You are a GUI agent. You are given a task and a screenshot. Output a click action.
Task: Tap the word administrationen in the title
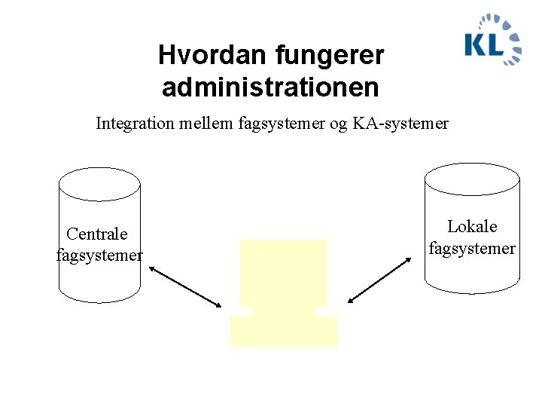pos(270,87)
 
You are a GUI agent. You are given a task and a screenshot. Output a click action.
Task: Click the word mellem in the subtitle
pos(202,123)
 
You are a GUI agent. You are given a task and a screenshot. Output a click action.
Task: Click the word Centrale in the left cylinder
pos(97,234)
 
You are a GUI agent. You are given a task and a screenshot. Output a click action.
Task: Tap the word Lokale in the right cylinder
pos(472,227)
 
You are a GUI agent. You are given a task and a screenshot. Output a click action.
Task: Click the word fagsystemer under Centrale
pos(99,256)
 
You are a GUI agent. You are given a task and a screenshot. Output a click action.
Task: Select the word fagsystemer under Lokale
pos(472,248)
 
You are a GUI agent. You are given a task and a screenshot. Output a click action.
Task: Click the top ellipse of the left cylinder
pos(100,184)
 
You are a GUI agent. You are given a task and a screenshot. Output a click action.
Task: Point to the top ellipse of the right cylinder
pos(472,179)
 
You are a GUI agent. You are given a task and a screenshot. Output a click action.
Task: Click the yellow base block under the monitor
pos(284,332)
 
